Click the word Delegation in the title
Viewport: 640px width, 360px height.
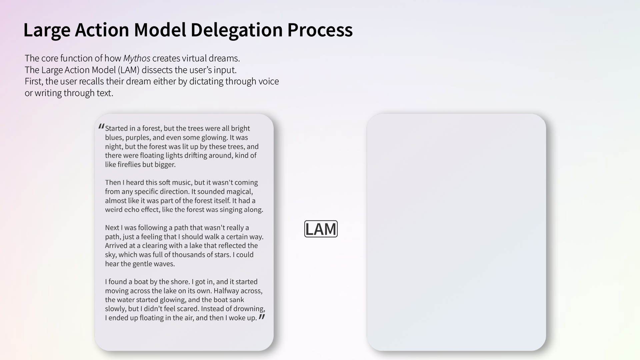[237, 30]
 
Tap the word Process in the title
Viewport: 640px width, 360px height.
[320, 30]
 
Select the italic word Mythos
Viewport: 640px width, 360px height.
[137, 59]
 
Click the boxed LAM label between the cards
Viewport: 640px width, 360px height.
[321, 229]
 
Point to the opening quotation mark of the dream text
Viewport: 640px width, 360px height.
[101, 127]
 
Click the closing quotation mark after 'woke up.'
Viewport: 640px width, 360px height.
[262, 317]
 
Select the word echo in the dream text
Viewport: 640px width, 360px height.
[132, 210]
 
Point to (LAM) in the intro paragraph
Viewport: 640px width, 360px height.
[128, 70]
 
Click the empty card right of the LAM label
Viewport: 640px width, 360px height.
[456, 232]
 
